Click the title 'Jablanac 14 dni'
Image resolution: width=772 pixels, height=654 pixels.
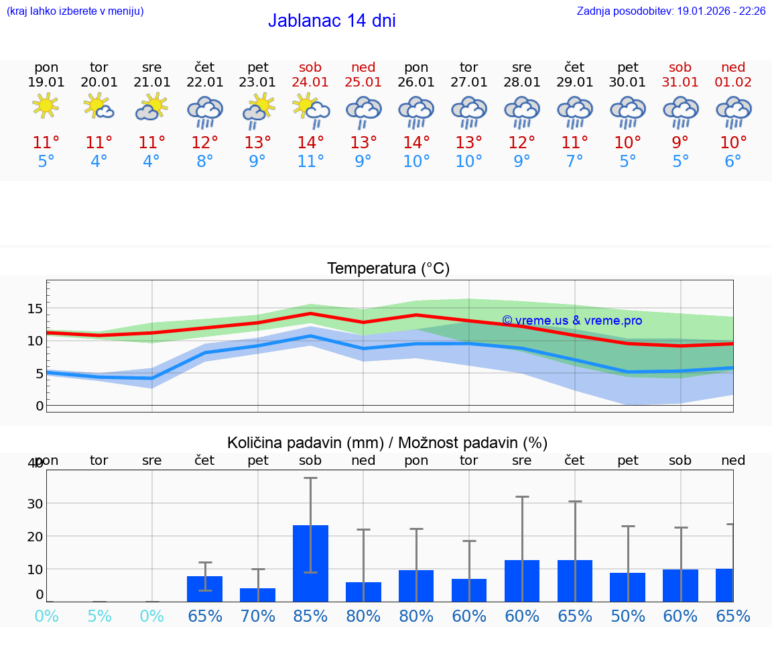(332, 21)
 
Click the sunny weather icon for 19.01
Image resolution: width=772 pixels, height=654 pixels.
(46, 106)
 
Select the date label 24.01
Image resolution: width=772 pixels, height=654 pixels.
(310, 83)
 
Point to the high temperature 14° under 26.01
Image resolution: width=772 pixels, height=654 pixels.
(416, 143)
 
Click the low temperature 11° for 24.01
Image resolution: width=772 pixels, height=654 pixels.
(310, 162)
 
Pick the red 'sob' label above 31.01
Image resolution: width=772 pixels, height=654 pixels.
(680, 67)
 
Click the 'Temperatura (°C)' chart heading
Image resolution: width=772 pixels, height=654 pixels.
(388, 269)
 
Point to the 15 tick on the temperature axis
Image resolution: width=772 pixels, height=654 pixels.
(35, 309)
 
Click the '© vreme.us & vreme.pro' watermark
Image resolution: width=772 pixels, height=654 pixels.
(572, 321)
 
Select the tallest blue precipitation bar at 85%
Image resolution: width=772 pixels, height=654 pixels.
(310, 563)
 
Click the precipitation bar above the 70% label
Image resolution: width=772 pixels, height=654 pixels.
(258, 595)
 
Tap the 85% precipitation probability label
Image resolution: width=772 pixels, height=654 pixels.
(310, 616)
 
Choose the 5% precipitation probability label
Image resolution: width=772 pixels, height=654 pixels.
(99, 616)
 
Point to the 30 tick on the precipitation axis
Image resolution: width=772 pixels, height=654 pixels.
(35, 504)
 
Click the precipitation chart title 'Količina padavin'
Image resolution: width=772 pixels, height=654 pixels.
(387, 443)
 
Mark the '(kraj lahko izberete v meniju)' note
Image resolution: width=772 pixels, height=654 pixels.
(75, 11)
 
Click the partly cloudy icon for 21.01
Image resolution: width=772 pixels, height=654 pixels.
(151, 106)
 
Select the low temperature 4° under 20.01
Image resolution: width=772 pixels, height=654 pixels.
(99, 162)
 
